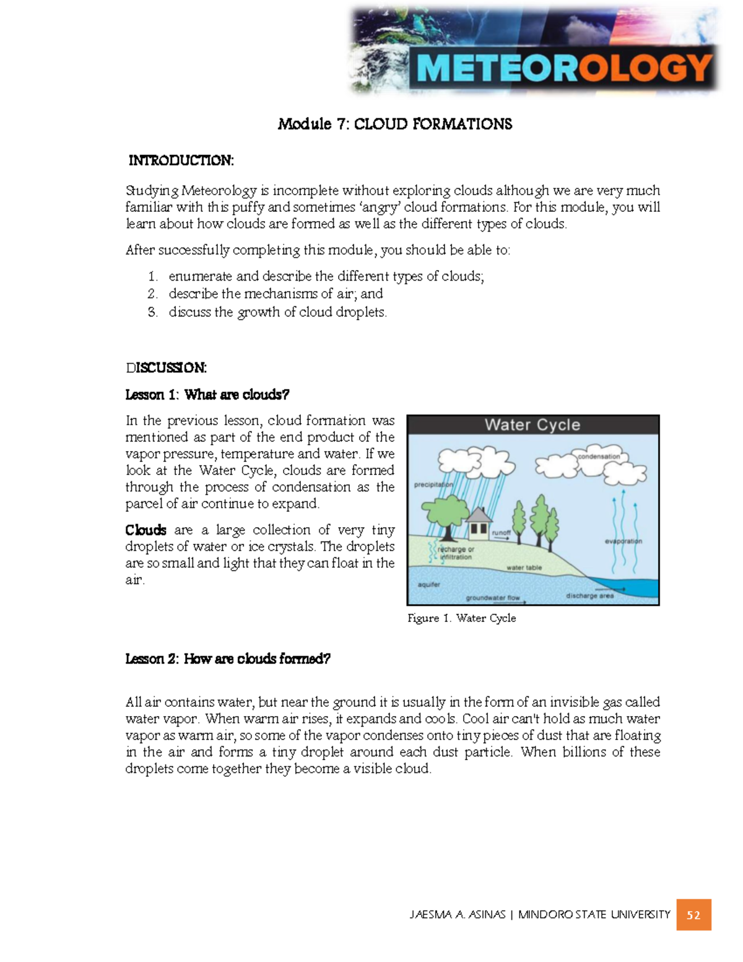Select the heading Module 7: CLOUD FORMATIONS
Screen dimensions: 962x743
pyautogui.click(x=395, y=125)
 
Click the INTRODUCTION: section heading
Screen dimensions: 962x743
pyautogui.click(x=181, y=160)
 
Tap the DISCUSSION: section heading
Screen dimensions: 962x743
pyautogui.click(x=166, y=368)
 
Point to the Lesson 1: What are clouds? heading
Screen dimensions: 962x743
pyautogui.click(x=207, y=395)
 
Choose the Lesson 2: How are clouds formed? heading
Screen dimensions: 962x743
pyautogui.click(x=228, y=658)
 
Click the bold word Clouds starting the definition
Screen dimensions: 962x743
pyautogui.click(x=146, y=530)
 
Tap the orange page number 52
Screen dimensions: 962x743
pyautogui.click(x=693, y=915)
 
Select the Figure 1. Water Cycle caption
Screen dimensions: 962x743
pyautogui.click(x=461, y=618)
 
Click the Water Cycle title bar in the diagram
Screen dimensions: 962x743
pyautogui.click(x=532, y=425)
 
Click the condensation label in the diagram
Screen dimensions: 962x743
pyautogui.click(x=598, y=457)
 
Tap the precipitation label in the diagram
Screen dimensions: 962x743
pyautogui.click(x=433, y=485)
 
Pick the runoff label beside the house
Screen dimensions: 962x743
pyautogui.click(x=502, y=533)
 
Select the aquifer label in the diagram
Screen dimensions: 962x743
pyautogui.click(x=428, y=584)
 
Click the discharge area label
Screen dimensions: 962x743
pyautogui.click(x=589, y=596)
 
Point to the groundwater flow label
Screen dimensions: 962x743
pyautogui.click(x=493, y=598)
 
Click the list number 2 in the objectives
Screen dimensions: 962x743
pyautogui.click(x=152, y=294)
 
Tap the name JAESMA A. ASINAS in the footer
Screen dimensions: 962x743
pyautogui.click(x=457, y=914)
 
